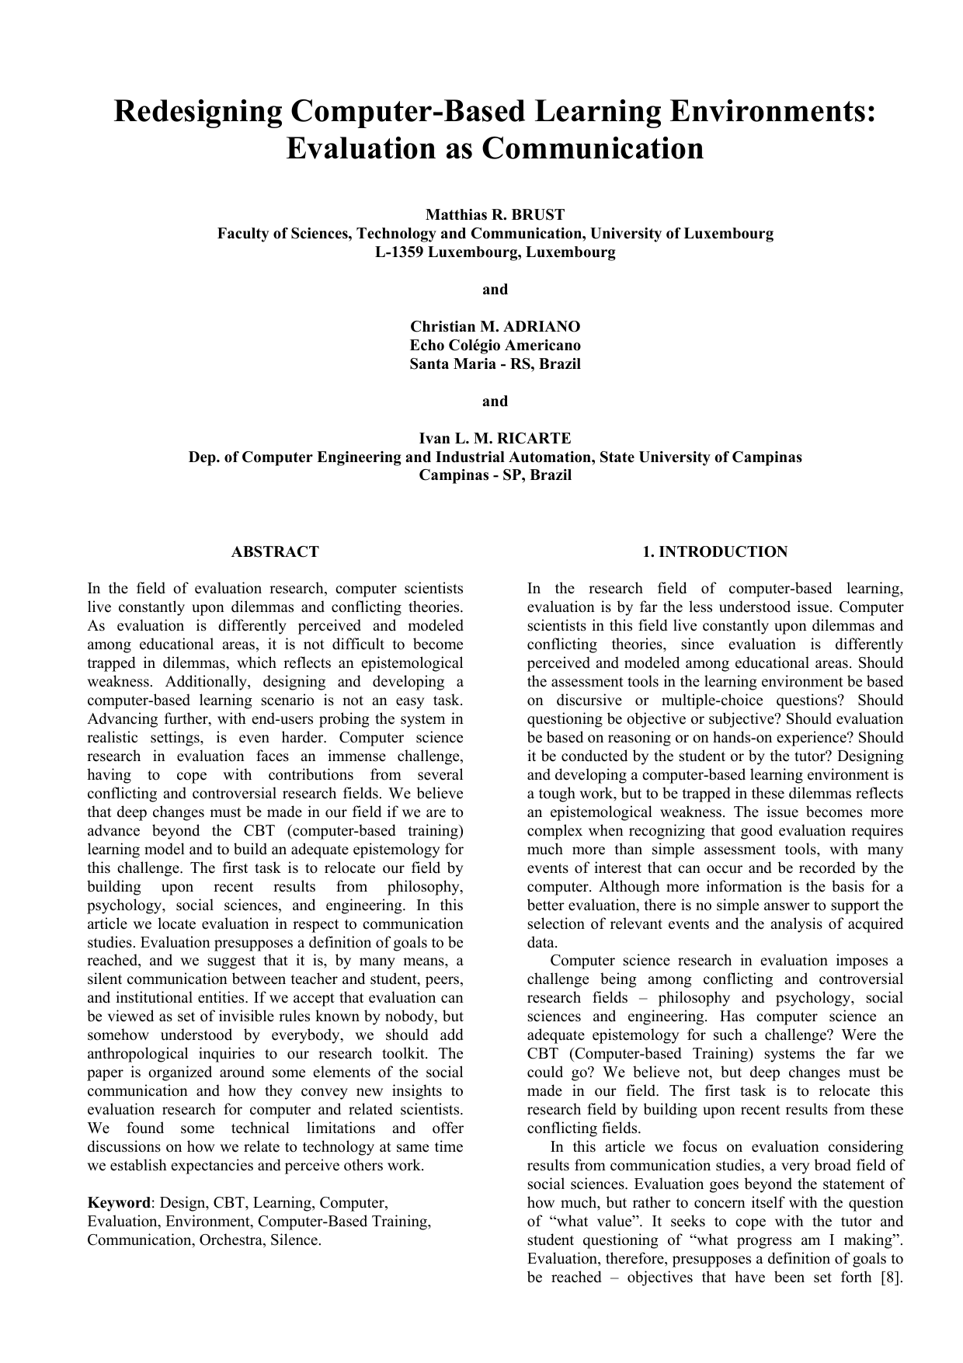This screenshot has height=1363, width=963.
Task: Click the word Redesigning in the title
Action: pos(198,112)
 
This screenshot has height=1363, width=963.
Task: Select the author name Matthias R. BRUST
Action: pos(495,215)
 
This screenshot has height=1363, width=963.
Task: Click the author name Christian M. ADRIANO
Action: pos(495,327)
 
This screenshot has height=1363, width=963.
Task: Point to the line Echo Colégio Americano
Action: pos(495,346)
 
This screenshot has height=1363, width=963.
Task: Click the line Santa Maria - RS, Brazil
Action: pos(495,364)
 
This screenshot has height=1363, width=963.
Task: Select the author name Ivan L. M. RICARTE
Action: pos(495,439)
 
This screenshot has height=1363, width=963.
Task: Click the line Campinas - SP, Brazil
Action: pos(495,476)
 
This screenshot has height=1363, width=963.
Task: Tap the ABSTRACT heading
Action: pos(275,552)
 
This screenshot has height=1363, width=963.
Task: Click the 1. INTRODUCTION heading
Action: pos(714,552)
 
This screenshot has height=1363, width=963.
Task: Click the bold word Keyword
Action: pos(118,1203)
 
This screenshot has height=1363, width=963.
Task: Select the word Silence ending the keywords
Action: pos(296,1240)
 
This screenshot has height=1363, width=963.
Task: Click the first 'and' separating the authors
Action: pos(495,290)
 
